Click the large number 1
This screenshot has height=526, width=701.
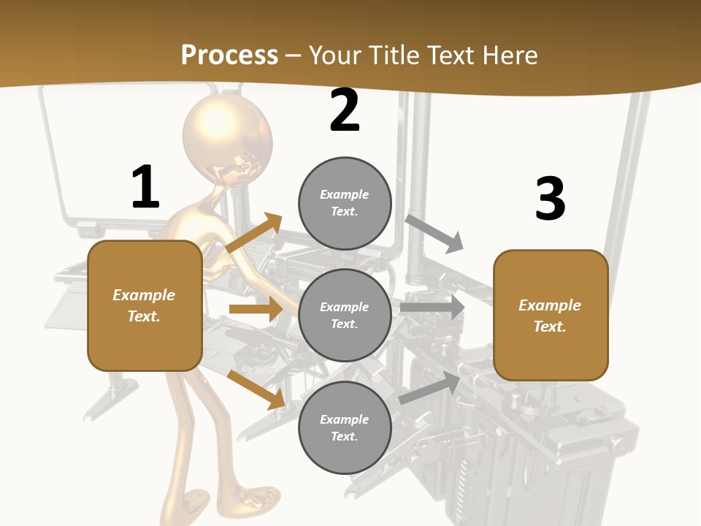(x=145, y=187)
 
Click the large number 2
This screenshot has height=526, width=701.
(x=345, y=110)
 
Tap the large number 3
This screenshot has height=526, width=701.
(x=550, y=199)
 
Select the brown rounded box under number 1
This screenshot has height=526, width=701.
(x=145, y=305)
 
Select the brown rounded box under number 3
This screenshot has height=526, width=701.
(x=551, y=315)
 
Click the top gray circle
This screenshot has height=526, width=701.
(x=345, y=202)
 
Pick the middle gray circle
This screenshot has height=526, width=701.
(x=345, y=315)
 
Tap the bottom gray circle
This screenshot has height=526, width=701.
(x=345, y=427)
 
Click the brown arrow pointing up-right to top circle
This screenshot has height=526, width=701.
(x=254, y=233)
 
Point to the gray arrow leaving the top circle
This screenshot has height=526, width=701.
(x=434, y=233)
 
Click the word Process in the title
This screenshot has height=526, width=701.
(x=229, y=55)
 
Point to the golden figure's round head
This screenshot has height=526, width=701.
(x=227, y=136)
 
